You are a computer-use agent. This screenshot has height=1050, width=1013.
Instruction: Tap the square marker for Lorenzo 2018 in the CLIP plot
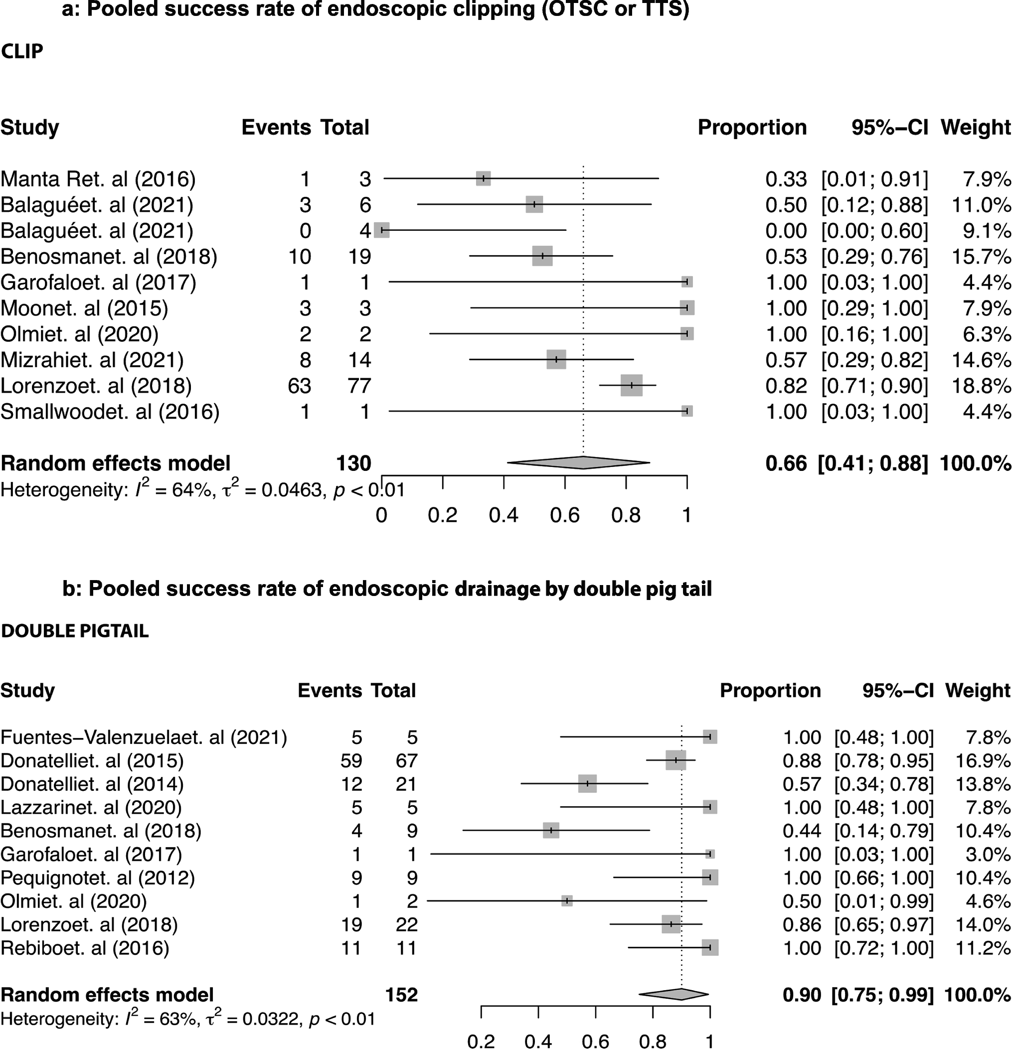pos(632,385)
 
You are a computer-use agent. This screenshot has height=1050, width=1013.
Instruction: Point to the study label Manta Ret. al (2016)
pos(98,179)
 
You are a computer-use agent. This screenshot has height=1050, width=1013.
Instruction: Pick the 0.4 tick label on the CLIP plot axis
pos(504,515)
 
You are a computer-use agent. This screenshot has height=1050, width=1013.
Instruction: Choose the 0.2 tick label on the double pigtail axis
pos(481,1041)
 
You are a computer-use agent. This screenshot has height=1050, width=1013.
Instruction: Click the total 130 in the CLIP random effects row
pos(353,463)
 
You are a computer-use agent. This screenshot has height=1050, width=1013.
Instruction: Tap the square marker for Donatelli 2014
pos(587,783)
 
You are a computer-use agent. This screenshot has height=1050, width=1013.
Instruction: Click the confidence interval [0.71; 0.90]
pos(874,386)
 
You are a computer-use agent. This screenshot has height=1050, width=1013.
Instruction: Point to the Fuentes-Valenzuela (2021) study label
pos(144,737)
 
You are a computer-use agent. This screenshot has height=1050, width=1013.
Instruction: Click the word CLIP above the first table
pos(22,51)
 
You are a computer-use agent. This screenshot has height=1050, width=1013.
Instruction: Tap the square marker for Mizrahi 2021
pos(556,359)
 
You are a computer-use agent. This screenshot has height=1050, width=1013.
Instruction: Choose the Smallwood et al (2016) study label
pos(110,412)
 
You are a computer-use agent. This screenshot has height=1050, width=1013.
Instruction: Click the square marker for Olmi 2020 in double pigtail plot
pos(566,900)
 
